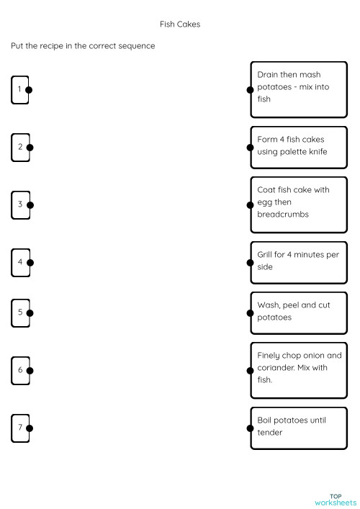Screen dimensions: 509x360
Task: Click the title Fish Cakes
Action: pyautogui.click(x=179, y=24)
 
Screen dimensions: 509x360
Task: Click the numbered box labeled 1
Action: pyautogui.click(x=19, y=90)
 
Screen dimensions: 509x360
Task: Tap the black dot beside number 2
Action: pyautogui.click(x=29, y=148)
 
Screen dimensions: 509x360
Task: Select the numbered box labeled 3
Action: pyautogui.click(x=19, y=204)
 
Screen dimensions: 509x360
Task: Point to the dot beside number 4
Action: pyautogui.click(x=29, y=262)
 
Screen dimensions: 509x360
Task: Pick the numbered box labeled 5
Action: pyautogui.click(x=19, y=312)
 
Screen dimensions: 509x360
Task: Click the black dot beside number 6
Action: pyautogui.click(x=29, y=370)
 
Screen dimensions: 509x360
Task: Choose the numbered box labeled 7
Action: pyautogui.click(x=19, y=428)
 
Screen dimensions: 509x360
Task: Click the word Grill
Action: pyautogui.click(x=266, y=255)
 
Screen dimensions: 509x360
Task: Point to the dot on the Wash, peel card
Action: pyautogui.click(x=251, y=312)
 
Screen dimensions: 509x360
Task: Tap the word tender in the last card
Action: pyautogui.click(x=270, y=433)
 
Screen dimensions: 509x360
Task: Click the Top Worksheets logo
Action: pyautogui.click(x=335, y=499)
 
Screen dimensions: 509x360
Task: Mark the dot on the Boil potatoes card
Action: pyautogui.click(x=251, y=428)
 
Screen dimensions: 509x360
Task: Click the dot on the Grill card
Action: pyautogui.click(x=251, y=262)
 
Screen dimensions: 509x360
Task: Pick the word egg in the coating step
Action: pyautogui.click(x=264, y=202)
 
